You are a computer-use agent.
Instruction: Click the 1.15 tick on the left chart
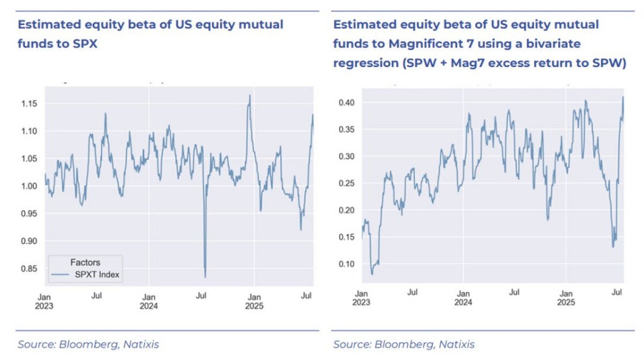[x=29, y=103]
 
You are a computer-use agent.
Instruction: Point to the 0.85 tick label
[x=29, y=269]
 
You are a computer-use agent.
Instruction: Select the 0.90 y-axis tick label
[x=29, y=241]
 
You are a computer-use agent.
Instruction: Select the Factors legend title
[x=85, y=262]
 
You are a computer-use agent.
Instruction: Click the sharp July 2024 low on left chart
[x=205, y=277]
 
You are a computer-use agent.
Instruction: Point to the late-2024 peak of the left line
[x=250, y=96]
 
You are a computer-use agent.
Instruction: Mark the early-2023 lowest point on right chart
[x=372, y=274]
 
